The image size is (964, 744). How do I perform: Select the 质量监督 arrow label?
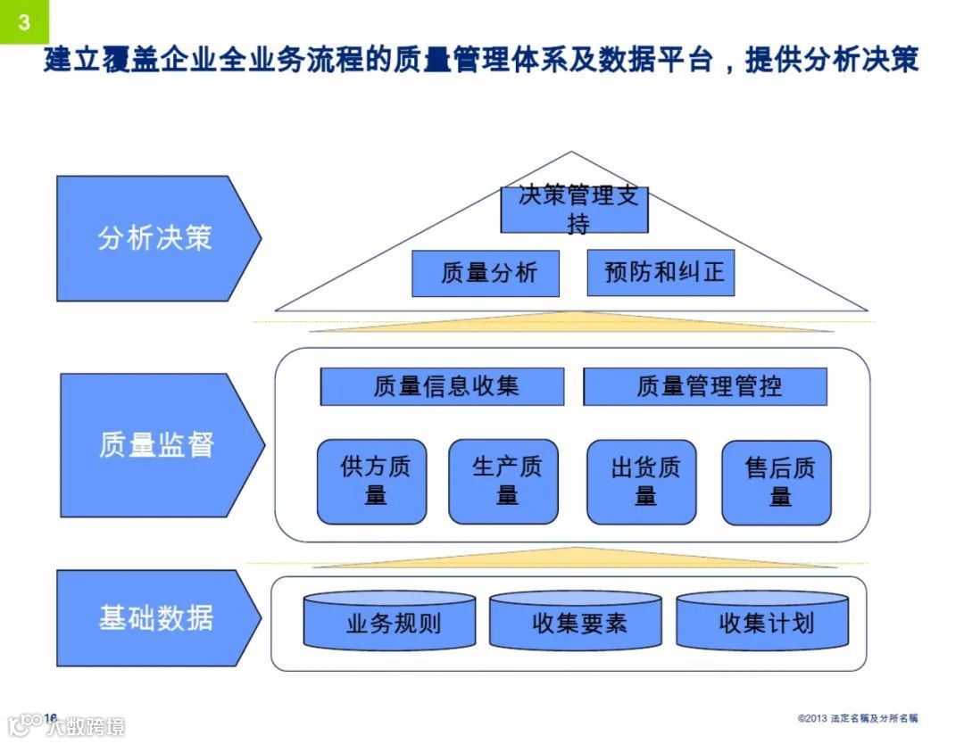[157, 443]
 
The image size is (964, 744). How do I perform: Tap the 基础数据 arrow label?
[156, 617]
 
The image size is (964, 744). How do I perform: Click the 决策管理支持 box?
[574, 209]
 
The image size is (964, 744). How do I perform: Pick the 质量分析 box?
[485, 273]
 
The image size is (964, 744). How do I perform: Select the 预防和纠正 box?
[661, 273]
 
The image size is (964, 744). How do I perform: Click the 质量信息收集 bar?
[442, 386]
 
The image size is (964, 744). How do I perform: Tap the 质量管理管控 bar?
[705, 386]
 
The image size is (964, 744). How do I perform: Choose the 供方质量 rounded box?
[371, 482]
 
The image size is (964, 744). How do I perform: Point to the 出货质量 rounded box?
[641, 482]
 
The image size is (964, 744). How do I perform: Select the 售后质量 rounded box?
[776, 482]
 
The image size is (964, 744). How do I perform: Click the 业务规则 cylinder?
[389, 622]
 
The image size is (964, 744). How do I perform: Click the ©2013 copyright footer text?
[858, 718]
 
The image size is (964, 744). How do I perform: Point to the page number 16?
[50, 718]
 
